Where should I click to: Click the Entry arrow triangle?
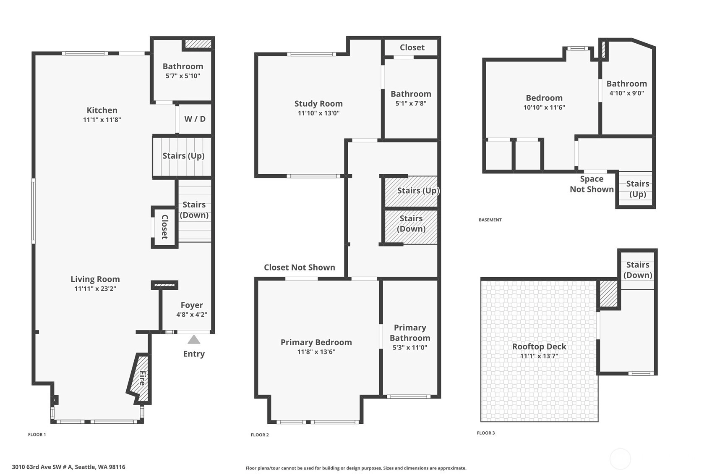[x=194, y=339]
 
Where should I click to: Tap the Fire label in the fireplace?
[x=143, y=378]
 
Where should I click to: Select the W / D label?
[x=195, y=119]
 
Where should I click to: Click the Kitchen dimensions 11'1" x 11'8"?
[x=102, y=120]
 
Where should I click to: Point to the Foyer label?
[x=192, y=305]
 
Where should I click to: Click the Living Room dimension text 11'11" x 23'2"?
[x=95, y=289]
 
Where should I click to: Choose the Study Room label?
[x=318, y=104]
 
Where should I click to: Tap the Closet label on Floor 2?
[x=412, y=47]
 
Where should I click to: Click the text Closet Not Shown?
[x=300, y=267]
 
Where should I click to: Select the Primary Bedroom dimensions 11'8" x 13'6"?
[x=316, y=352]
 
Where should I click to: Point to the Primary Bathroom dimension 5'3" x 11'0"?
[x=410, y=347]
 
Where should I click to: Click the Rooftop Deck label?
[x=539, y=346]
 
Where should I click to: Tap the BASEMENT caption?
[x=490, y=220]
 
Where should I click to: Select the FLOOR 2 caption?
[x=260, y=435]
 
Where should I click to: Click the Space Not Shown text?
[x=592, y=184]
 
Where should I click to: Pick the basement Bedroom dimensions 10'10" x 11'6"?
[x=544, y=107]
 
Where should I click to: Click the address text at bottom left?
[x=69, y=467]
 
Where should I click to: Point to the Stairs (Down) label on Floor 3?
[x=638, y=270]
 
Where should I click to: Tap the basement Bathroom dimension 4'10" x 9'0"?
[x=626, y=93]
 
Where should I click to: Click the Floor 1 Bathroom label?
[x=183, y=66]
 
